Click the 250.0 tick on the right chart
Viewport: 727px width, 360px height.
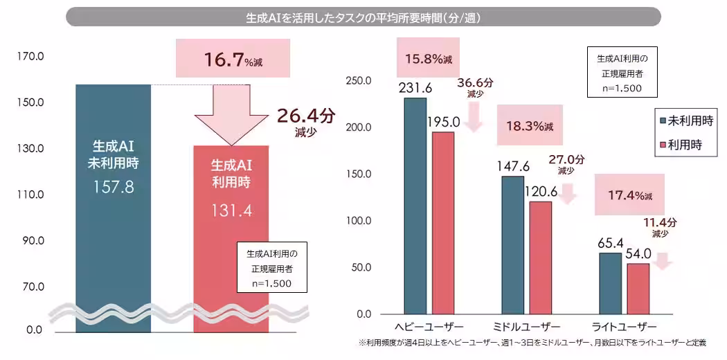[x=358, y=81]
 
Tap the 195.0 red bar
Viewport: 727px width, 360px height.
[x=443, y=222]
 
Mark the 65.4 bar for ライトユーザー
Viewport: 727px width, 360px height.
[x=610, y=283]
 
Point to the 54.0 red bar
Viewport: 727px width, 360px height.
[x=638, y=288]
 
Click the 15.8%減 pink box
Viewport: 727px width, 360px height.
[x=429, y=58]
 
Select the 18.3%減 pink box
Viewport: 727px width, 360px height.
[x=530, y=126]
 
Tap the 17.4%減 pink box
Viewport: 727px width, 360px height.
[x=629, y=196]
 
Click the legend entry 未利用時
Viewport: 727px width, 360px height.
[x=687, y=120]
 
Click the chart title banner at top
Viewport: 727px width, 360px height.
[x=363, y=17]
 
